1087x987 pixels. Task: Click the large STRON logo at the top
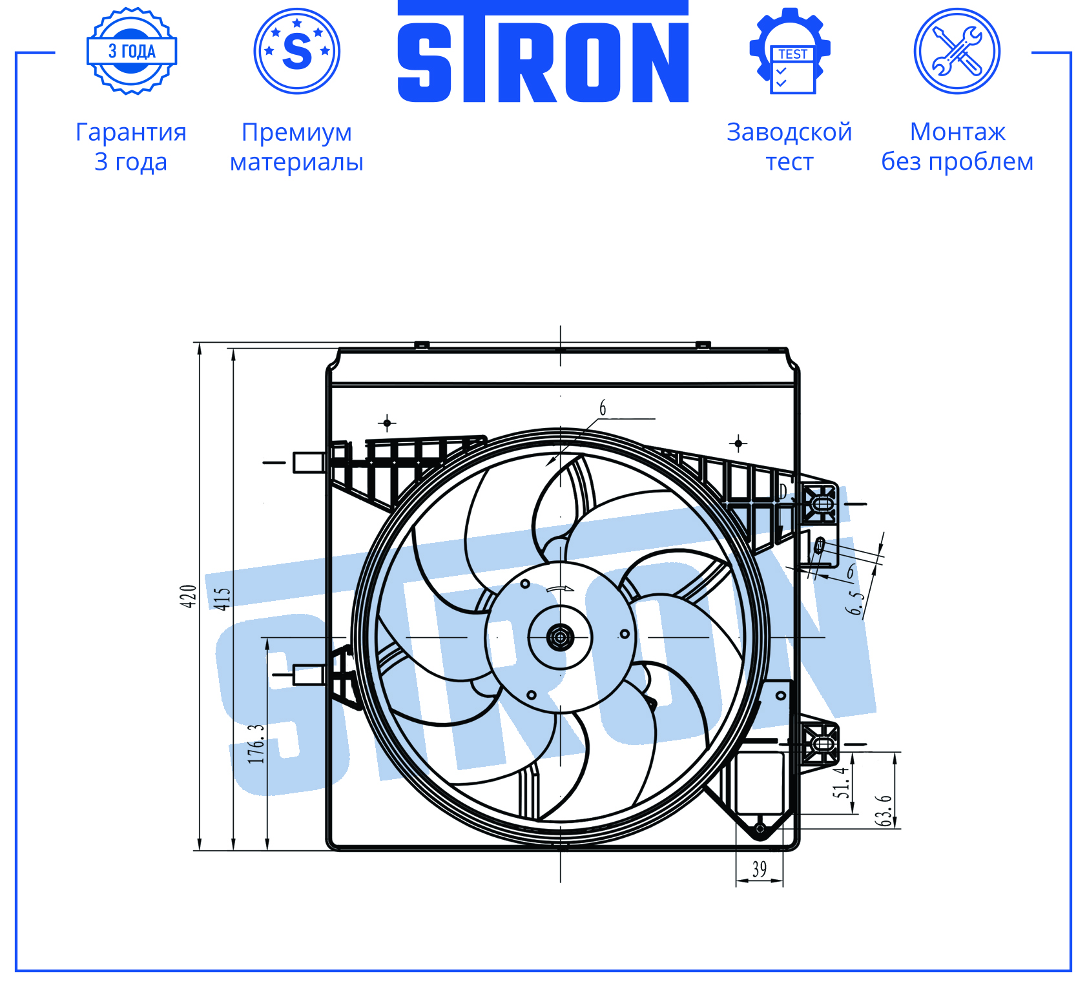click(543, 52)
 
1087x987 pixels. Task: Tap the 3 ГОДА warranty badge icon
click(132, 51)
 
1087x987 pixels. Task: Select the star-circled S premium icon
click(297, 51)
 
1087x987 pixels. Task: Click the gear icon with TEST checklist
click(790, 51)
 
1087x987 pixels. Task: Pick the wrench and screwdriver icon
click(957, 51)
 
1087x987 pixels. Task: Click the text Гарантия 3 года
click(131, 147)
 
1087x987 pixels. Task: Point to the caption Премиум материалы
click(297, 147)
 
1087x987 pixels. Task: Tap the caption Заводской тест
click(789, 147)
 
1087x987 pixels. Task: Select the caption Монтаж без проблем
click(957, 147)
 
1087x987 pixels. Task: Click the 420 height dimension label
click(188, 596)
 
